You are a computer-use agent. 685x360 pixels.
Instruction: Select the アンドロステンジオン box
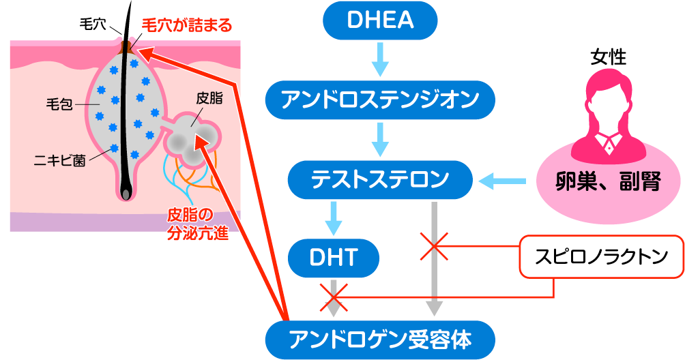[380, 101]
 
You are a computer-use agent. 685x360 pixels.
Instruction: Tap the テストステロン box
[380, 181]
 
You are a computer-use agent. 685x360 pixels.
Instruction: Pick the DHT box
[333, 257]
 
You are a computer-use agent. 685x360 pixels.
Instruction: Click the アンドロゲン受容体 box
[380, 339]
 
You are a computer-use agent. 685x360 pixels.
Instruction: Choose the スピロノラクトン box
[601, 257]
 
